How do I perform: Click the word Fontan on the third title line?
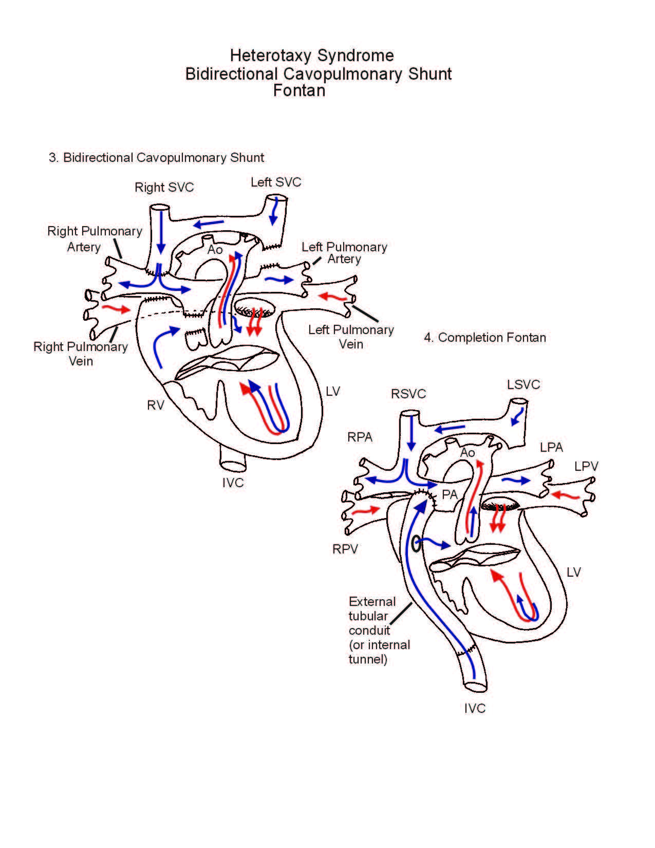coord(299,90)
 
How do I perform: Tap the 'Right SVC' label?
coord(164,188)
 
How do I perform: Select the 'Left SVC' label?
coord(276,182)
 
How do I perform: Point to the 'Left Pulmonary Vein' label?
coord(351,337)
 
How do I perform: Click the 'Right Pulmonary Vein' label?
coord(81,354)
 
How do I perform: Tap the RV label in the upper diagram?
coord(155,405)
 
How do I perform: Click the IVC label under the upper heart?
coord(233,483)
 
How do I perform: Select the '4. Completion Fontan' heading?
coord(485,338)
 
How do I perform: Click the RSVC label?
coord(408,394)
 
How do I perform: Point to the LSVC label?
coord(523,384)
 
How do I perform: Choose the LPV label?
coord(586,467)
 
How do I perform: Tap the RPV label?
coord(345,549)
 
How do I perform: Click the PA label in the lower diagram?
coord(450,494)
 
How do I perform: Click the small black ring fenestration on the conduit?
coord(416,544)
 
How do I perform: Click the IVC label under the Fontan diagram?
coord(475,709)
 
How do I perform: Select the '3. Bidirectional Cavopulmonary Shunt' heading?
coord(156,158)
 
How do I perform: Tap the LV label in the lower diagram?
coord(573,573)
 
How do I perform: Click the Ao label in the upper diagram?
coord(215,250)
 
